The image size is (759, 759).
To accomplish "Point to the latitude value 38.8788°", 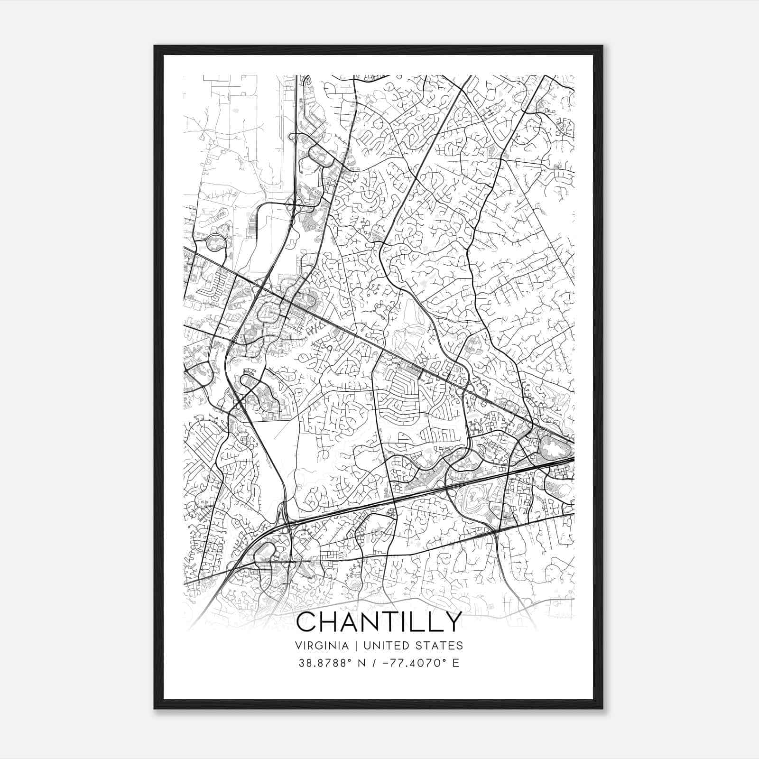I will tap(325, 663).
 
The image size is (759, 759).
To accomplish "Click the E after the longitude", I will tap(456, 663).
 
